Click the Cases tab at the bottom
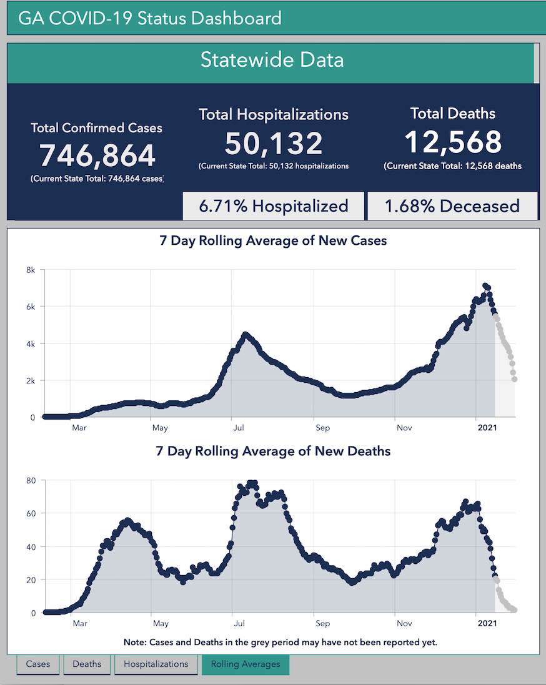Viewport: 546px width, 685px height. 38,664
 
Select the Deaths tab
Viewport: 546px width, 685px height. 87,664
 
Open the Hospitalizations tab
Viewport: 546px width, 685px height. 156,664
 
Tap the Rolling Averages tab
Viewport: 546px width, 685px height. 246,664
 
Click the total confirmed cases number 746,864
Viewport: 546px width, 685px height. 97,155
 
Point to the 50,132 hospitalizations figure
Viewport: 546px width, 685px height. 274,143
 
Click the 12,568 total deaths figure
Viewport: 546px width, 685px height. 453,142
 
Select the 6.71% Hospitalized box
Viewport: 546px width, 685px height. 274,206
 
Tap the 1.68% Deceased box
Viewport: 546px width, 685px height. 452,206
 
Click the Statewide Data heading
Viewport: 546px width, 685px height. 272,60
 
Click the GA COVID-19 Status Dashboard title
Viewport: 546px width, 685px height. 150,18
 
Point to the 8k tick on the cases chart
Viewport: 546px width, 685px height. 30,270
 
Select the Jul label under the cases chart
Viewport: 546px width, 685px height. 239,428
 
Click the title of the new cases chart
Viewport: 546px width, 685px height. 273,240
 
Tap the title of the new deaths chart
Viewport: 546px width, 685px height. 273,451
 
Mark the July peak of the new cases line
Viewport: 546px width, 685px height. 246,335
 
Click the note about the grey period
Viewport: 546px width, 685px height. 280,642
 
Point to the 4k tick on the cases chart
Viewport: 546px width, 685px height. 30,343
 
